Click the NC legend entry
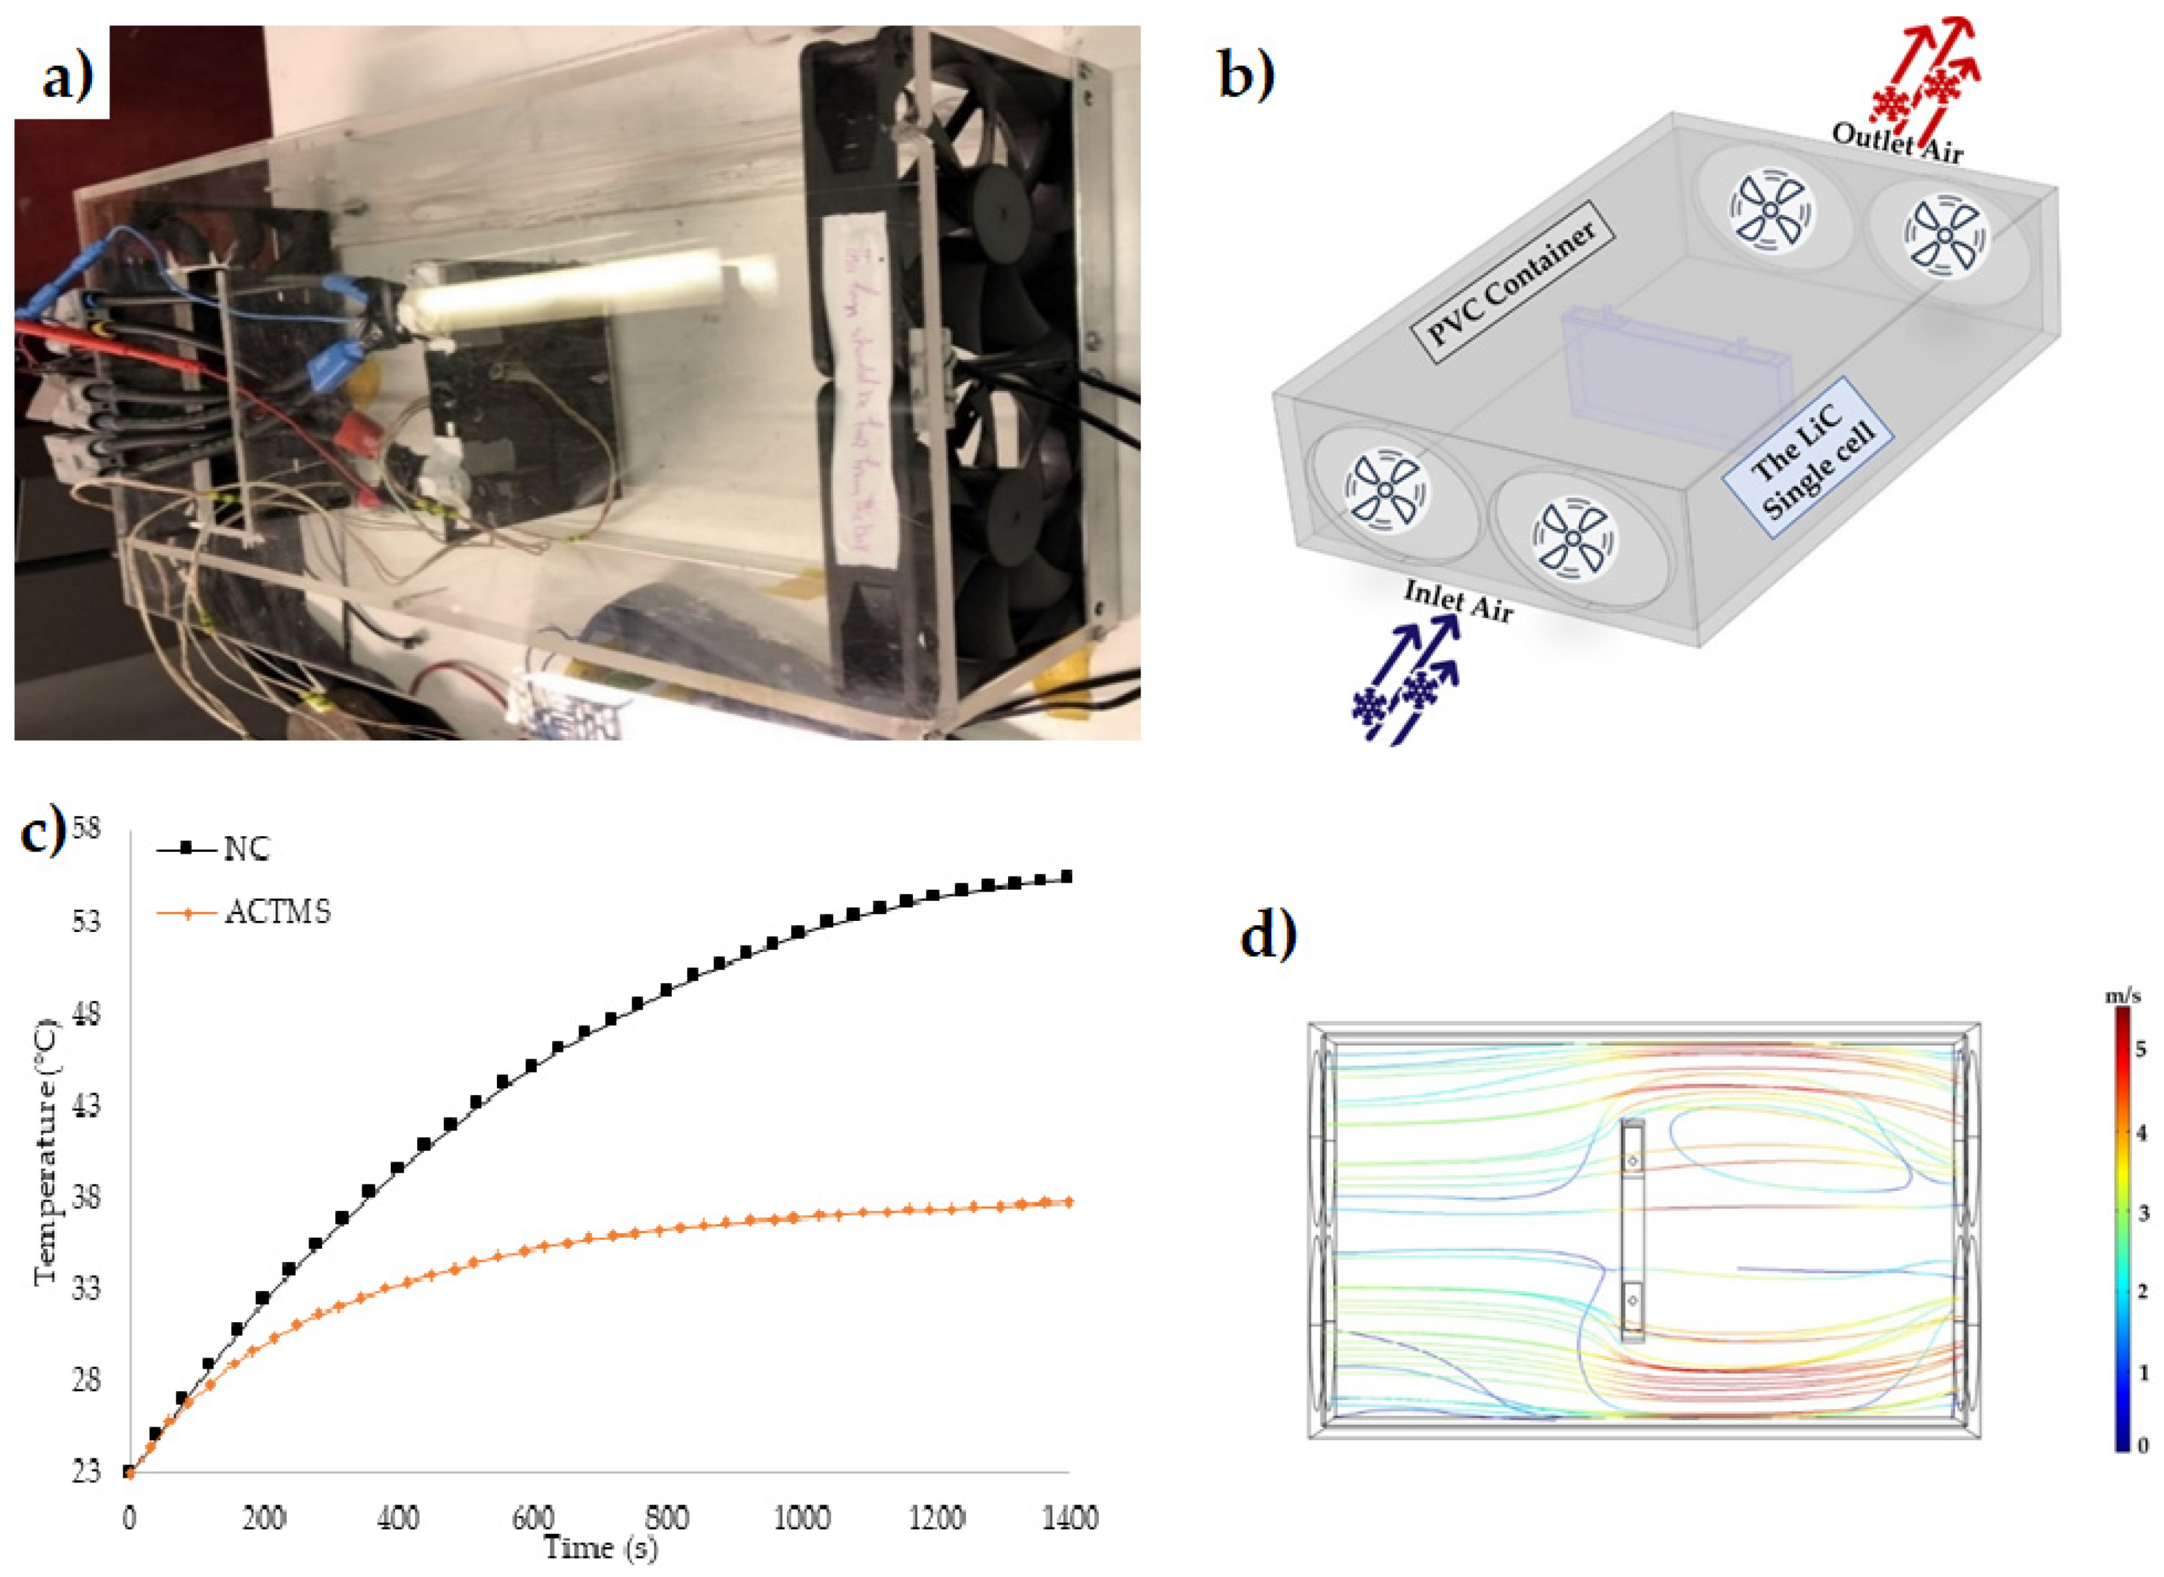point(246,849)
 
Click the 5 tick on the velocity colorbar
point(2140,1050)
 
